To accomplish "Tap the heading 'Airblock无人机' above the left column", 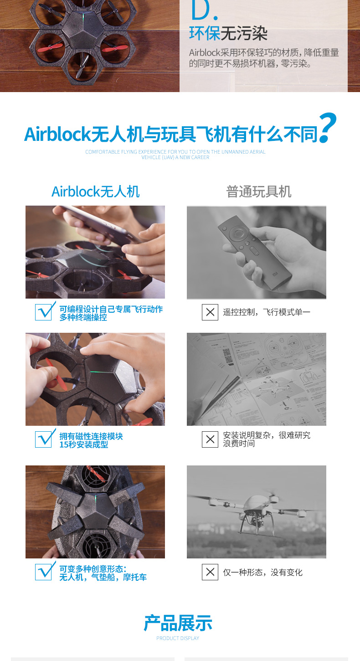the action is (x=95, y=191).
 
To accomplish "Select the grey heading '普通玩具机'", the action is (x=259, y=191).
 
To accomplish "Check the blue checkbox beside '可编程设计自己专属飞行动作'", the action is (x=44, y=312).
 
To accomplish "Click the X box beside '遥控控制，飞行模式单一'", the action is (x=210, y=312).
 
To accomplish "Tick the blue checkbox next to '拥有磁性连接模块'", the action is (x=44, y=439).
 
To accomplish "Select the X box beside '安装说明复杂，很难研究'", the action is (x=210, y=439).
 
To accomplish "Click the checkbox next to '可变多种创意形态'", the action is (x=44, y=572).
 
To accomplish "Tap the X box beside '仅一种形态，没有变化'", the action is (x=210, y=572).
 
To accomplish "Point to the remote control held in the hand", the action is (x=254, y=252).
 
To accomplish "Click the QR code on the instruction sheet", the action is (x=227, y=356).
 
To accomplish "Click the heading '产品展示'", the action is (x=178, y=623).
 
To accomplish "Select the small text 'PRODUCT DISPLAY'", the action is (x=178, y=638).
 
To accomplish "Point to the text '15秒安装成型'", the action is (x=84, y=444).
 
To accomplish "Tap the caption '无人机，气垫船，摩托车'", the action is (x=103, y=577).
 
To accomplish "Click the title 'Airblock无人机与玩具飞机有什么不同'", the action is (x=171, y=134).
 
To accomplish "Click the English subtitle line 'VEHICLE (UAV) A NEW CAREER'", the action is (x=175, y=157).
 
